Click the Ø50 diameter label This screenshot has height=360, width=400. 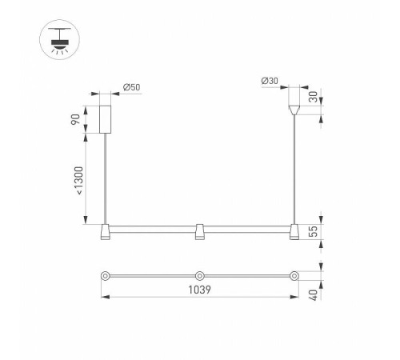tap(131, 87)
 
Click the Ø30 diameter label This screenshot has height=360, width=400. tap(270, 81)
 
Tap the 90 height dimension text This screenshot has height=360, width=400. tap(75, 119)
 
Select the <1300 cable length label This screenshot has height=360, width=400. tap(79, 181)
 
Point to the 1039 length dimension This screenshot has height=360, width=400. tap(199, 290)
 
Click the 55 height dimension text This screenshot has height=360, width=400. tap(314, 231)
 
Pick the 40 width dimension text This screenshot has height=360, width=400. tap(314, 295)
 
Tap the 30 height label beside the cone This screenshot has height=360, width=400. tap(314, 97)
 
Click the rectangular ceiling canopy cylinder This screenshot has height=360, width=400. tap(105, 119)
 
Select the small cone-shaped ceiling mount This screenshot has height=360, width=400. tap(294, 110)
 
